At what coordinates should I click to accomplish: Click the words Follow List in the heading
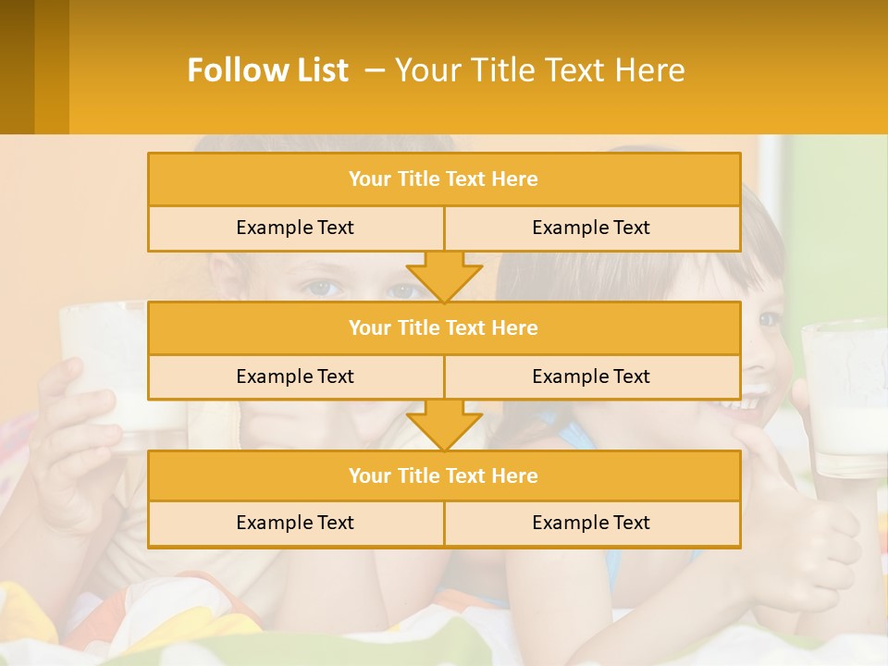[x=267, y=70]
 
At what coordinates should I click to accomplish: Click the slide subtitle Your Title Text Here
[x=540, y=70]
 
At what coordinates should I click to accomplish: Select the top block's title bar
[x=443, y=179]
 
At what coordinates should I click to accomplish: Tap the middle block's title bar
[x=443, y=327]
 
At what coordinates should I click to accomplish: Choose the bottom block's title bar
[x=443, y=475]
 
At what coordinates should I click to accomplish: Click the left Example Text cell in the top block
[x=295, y=228]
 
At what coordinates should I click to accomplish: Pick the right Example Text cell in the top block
[x=591, y=228]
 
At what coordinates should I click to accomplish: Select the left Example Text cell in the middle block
[x=295, y=376]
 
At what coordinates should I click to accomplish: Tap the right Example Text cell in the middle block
[x=591, y=376]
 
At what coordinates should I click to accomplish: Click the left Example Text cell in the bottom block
[x=295, y=523]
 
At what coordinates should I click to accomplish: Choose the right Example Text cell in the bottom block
[x=591, y=523]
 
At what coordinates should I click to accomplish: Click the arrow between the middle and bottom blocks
[x=444, y=425]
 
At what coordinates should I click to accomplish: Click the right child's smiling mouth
[x=751, y=402]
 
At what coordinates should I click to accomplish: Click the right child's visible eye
[x=769, y=319]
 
